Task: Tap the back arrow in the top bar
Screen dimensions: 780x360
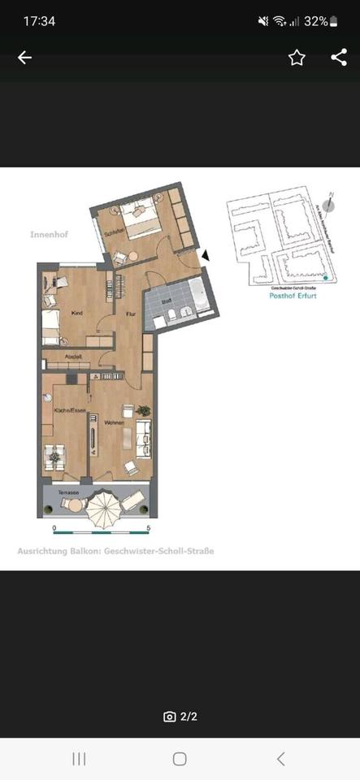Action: pyautogui.click(x=24, y=57)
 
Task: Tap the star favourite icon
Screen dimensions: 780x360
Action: pyautogui.click(x=297, y=57)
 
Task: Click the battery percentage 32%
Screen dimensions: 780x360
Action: pyautogui.click(x=315, y=21)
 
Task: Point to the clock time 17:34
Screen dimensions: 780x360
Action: pyautogui.click(x=39, y=21)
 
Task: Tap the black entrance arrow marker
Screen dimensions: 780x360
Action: pyautogui.click(x=206, y=255)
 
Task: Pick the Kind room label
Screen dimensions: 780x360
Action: pyautogui.click(x=78, y=312)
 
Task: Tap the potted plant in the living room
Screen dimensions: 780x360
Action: pyautogui.click(x=144, y=410)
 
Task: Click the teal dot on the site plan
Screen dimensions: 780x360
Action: pyautogui.click(x=326, y=279)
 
